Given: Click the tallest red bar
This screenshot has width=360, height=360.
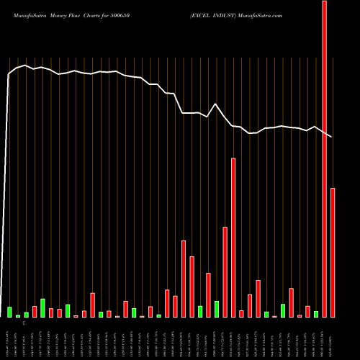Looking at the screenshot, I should (324, 158).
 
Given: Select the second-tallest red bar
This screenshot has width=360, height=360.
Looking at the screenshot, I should (233, 238).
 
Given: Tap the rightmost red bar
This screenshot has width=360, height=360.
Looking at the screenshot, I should (333, 252).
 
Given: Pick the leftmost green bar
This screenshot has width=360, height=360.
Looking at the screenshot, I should (9, 312).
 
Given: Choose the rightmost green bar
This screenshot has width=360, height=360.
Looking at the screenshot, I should (316, 314).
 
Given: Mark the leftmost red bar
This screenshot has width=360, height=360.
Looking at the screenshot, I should (35, 311).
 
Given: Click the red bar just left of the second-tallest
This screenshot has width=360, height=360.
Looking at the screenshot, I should (225, 272).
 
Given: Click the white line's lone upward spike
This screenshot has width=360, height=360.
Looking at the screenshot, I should (216, 104).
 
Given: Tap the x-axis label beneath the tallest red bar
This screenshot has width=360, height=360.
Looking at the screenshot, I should (324, 338).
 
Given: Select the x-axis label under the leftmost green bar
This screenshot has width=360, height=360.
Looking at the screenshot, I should (9, 338).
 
